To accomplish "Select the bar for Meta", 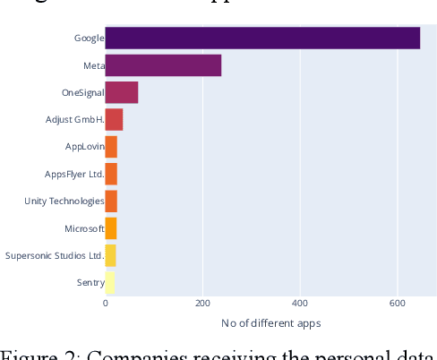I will pyautogui.click(x=163, y=65).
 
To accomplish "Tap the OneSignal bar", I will pyautogui.click(x=122, y=92).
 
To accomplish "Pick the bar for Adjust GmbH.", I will pyautogui.click(x=114, y=119).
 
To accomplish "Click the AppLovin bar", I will pyautogui.click(x=111, y=147).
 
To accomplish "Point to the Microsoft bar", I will pyautogui.click(x=111, y=228).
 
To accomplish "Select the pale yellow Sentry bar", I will pyautogui.click(x=110, y=283).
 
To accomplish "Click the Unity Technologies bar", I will pyautogui.click(x=111, y=201).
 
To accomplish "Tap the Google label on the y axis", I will pyautogui.click(x=89, y=39).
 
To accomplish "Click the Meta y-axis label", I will pyautogui.click(x=93, y=65).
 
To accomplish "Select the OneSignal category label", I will pyautogui.click(x=82, y=92).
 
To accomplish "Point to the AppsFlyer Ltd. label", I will pyautogui.click(x=74, y=174).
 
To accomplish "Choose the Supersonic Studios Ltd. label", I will pyautogui.click(x=55, y=255).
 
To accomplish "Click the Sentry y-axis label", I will pyautogui.click(x=90, y=283).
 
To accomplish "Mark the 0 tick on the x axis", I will pyautogui.click(x=106, y=304).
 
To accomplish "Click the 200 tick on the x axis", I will pyautogui.click(x=202, y=304).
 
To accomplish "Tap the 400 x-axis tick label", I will pyautogui.click(x=300, y=304).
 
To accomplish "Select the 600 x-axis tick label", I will pyautogui.click(x=397, y=304).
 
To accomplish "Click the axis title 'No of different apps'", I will pyautogui.click(x=270, y=322).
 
